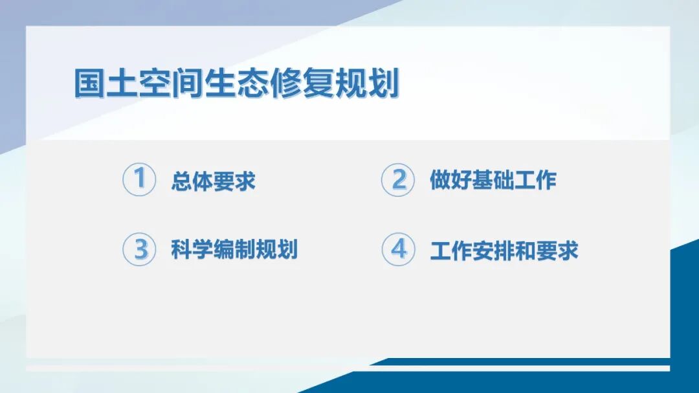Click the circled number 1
[x=139, y=179]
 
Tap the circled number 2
[x=397, y=179]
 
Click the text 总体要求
[x=213, y=181]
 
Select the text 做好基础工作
[x=493, y=180]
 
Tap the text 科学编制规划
[x=234, y=249]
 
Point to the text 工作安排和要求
[x=504, y=250]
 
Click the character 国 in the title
[x=89, y=84]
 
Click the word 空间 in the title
[x=170, y=84]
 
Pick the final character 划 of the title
[x=383, y=84]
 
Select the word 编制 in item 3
[x=234, y=249]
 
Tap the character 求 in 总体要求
[x=245, y=181]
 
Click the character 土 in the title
[x=122, y=84]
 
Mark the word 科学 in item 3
[x=192, y=249]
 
